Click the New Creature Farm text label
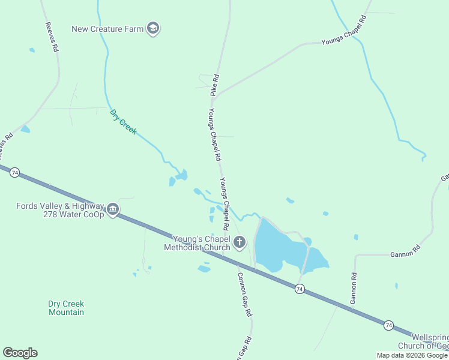coord(108,29)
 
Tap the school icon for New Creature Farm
coord(153,28)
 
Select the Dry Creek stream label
coord(123,121)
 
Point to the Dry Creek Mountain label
coord(66,308)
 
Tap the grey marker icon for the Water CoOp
coord(113,210)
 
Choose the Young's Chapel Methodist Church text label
coord(197,243)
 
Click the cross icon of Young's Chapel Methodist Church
coord(240,242)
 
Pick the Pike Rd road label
coord(214,85)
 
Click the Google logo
coord(20,353)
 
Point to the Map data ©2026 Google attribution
coord(412,355)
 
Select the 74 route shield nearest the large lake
coord(300,289)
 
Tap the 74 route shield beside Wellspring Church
coord(389,325)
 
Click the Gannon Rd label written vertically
coord(354,287)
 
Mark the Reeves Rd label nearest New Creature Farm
coord(52,36)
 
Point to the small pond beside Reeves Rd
coord(25,129)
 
